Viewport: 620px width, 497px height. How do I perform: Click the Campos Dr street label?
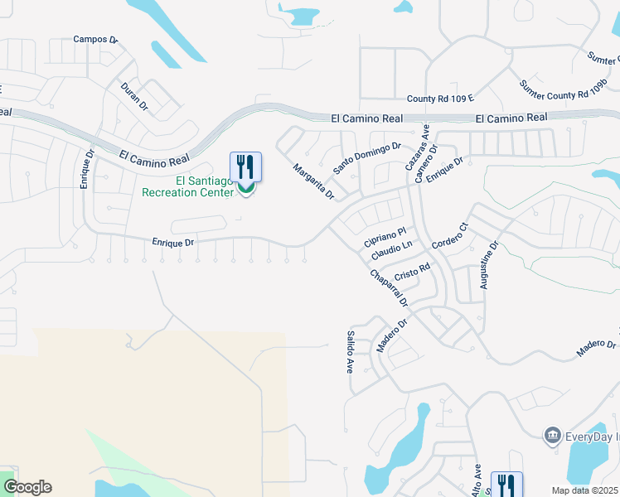(x=96, y=39)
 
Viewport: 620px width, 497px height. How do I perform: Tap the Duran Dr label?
(x=133, y=96)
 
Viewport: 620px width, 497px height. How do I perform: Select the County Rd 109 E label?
(x=439, y=99)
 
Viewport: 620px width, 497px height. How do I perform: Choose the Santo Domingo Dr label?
(x=367, y=157)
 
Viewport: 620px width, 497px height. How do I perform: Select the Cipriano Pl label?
(x=385, y=237)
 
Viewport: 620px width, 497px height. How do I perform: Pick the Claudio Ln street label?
(x=392, y=248)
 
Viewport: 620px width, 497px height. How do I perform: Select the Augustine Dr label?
(x=488, y=265)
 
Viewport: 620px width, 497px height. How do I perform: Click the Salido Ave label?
(x=350, y=352)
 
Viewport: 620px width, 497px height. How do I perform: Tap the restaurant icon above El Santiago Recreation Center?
(x=245, y=166)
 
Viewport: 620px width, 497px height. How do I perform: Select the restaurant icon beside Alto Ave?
(x=506, y=485)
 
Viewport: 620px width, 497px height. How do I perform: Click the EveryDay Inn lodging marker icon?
(x=552, y=435)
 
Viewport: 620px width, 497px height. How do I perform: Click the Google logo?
(x=28, y=487)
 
